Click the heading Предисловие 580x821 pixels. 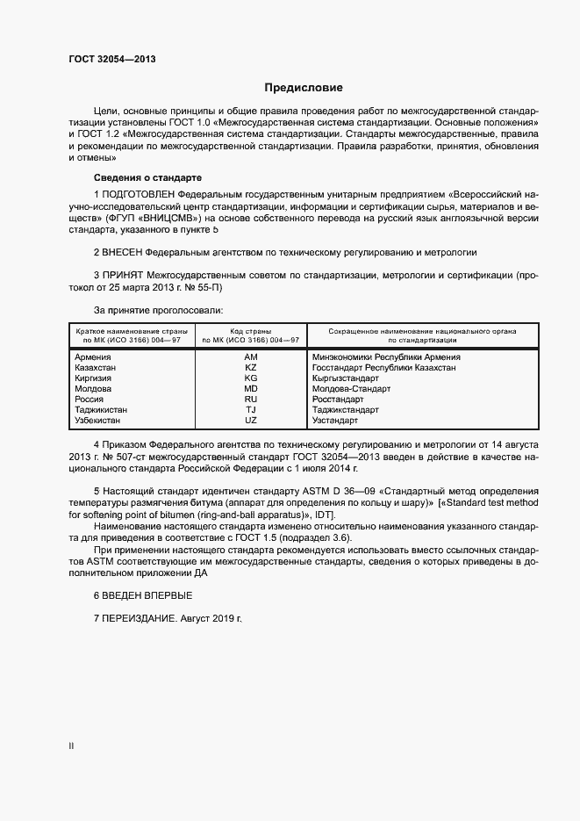[304, 88]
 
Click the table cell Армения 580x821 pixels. [93, 357]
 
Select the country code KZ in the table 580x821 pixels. [251, 368]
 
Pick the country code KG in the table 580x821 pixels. [251, 378]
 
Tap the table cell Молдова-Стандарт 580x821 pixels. [351, 389]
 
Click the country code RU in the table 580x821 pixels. [251, 400]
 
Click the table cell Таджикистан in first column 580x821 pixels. [101, 410]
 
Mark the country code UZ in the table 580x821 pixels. [251, 421]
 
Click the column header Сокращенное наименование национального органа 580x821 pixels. [422, 331]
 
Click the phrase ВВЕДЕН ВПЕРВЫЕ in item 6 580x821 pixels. [147, 595]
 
